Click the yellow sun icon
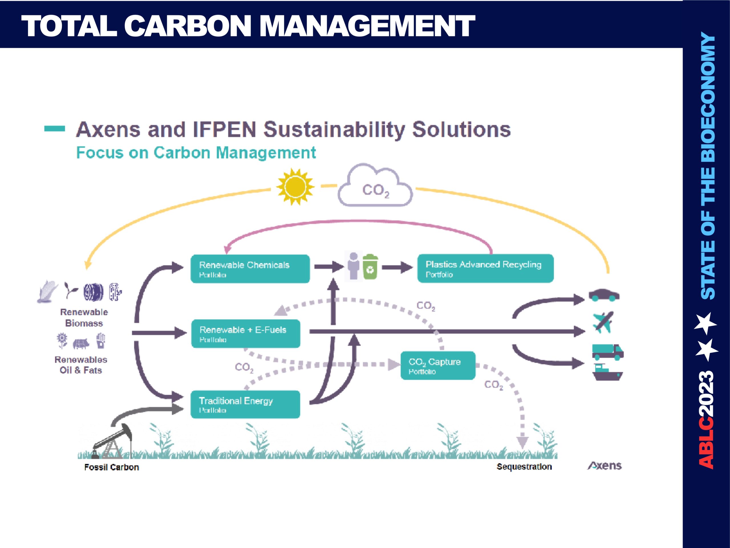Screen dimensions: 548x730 tap(295, 187)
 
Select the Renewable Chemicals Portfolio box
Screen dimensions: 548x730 tap(250, 269)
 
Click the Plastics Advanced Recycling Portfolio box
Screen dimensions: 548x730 tap(485, 268)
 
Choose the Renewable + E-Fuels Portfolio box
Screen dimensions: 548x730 tap(246, 333)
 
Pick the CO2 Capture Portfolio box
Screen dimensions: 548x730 tap(438, 365)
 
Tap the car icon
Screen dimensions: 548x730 tap(604, 295)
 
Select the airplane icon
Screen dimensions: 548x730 tap(603, 322)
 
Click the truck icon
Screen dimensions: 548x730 tap(607, 352)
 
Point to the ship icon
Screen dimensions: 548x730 tap(607, 372)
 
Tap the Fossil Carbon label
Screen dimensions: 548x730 tap(111, 467)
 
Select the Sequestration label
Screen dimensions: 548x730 tap(524, 466)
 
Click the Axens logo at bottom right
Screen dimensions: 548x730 tap(604, 466)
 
